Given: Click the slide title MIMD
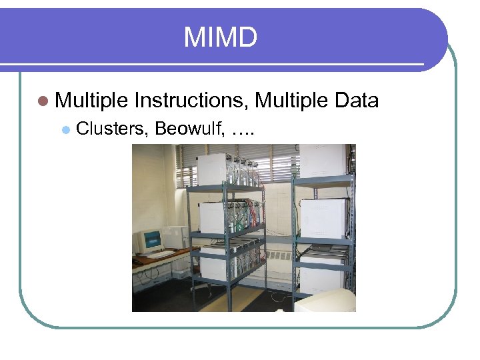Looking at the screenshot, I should (220, 37).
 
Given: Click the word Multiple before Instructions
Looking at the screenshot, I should (91, 101).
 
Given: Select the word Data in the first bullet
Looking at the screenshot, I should (357, 101).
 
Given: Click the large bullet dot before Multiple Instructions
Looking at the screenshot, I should (43, 101).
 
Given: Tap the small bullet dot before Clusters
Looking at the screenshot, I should (65, 129).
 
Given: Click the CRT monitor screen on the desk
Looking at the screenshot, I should (152, 240).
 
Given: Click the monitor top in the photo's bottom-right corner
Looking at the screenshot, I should (327, 301).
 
